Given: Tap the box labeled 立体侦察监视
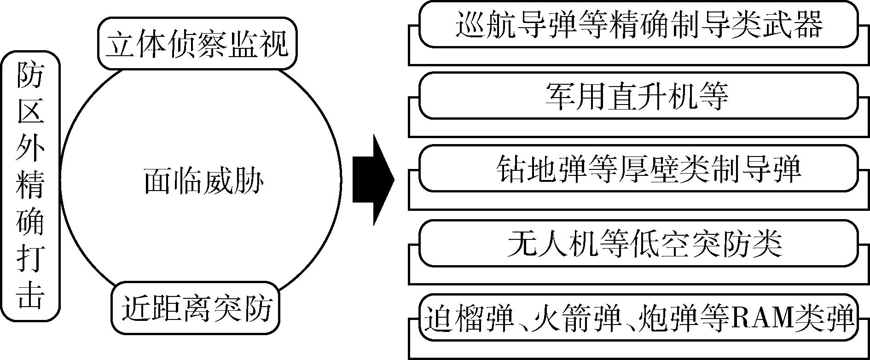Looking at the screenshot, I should point(197,44).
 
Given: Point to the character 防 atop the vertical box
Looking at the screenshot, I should point(30,75).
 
